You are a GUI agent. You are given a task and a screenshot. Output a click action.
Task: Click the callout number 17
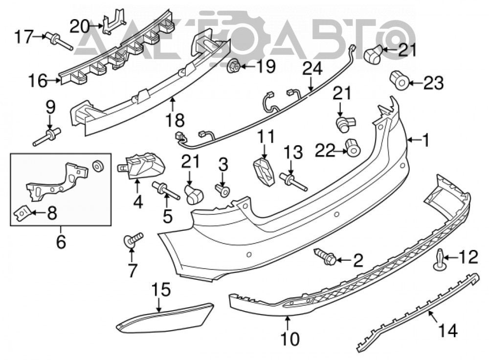click(24, 37)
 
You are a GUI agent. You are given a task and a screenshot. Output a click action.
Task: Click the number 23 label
click(433, 83)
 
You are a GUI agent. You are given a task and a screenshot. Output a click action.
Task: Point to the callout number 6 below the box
click(61, 242)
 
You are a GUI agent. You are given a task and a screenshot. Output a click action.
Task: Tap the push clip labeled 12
click(440, 259)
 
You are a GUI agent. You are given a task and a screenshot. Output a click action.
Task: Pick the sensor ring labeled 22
click(353, 147)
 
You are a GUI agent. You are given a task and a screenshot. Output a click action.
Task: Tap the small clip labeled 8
click(22, 213)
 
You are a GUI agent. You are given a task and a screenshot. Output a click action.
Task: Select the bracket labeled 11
click(264, 172)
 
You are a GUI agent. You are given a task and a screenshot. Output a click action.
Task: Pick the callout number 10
click(290, 339)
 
